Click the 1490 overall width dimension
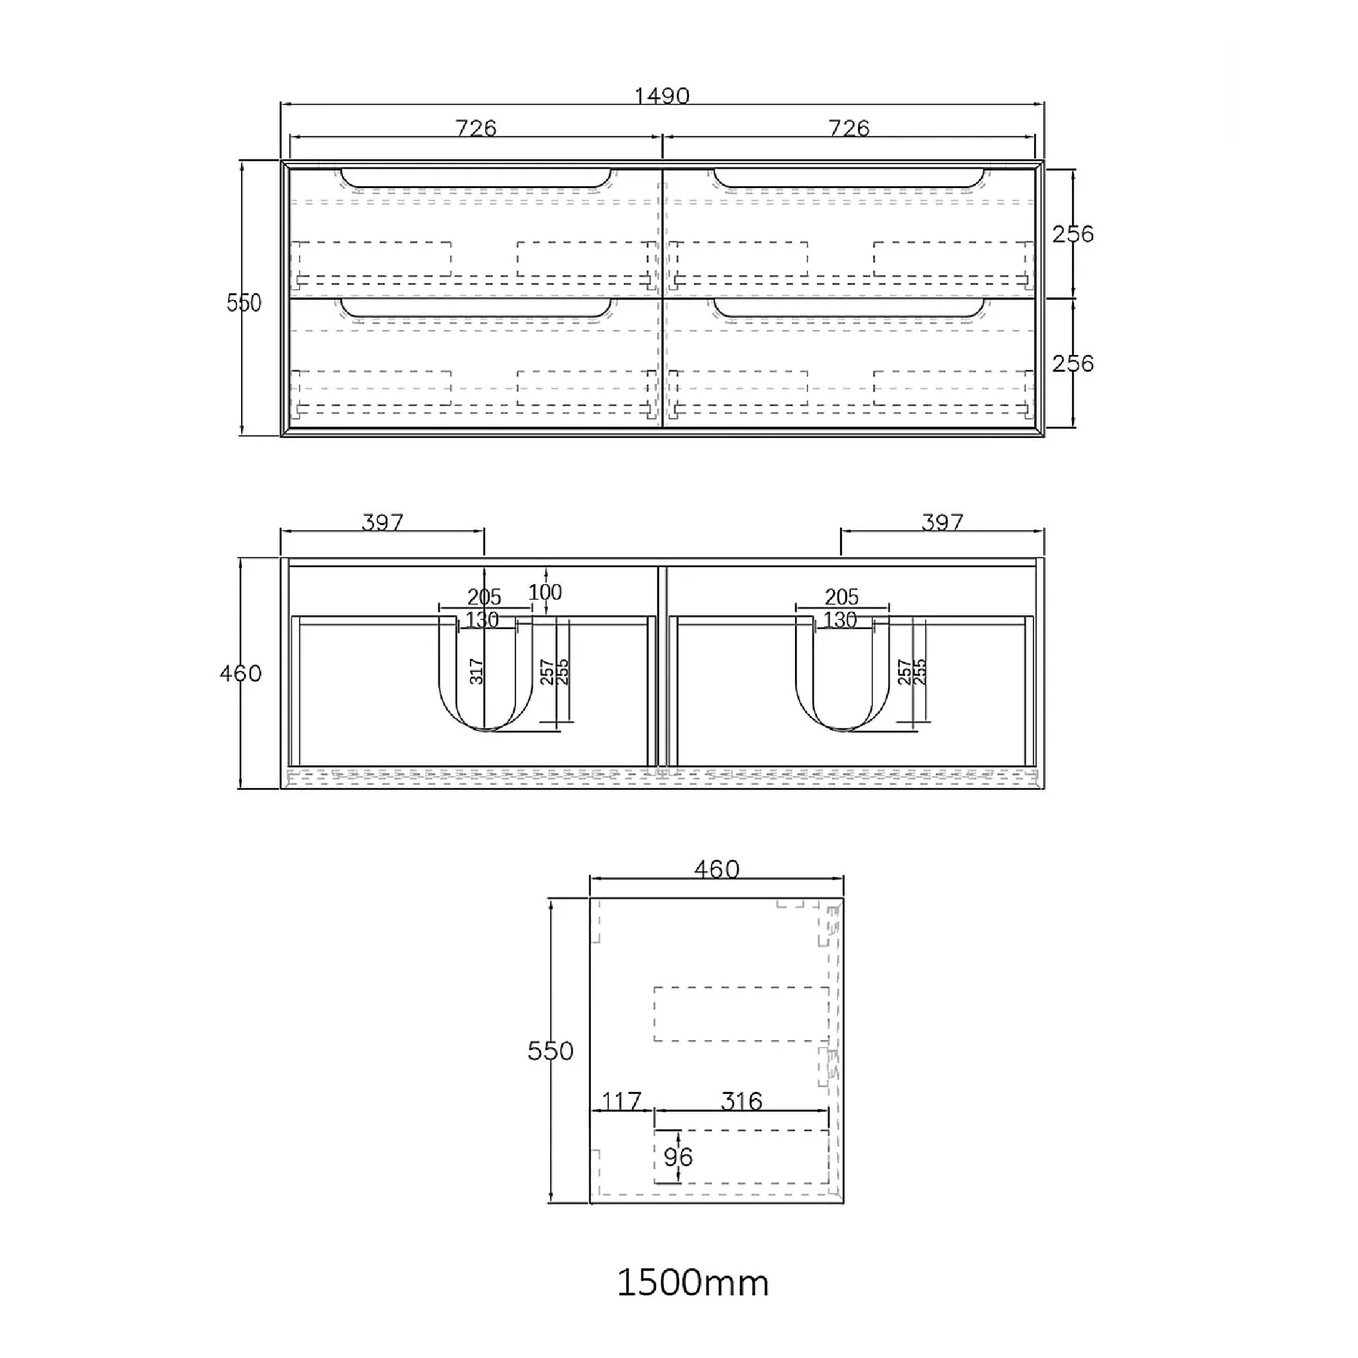click(662, 96)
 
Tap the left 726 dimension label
click(476, 128)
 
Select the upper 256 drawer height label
click(1073, 234)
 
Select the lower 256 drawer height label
click(1073, 363)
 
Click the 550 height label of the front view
click(244, 303)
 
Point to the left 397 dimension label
click(382, 522)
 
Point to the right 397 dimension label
click(942, 522)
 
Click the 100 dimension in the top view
click(545, 593)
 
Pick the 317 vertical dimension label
click(477, 672)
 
